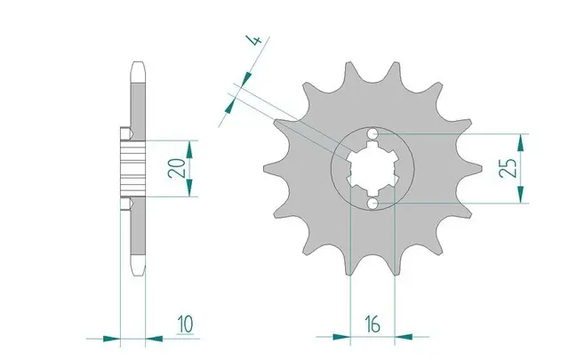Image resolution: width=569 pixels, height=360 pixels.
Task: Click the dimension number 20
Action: tap(180, 167)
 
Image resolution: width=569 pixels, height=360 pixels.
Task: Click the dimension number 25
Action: tap(509, 169)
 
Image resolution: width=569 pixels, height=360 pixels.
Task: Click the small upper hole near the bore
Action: tap(373, 134)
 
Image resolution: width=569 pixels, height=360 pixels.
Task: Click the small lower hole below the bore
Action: tap(373, 204)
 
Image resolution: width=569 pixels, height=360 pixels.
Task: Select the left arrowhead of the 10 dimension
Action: tap(112, 339)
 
